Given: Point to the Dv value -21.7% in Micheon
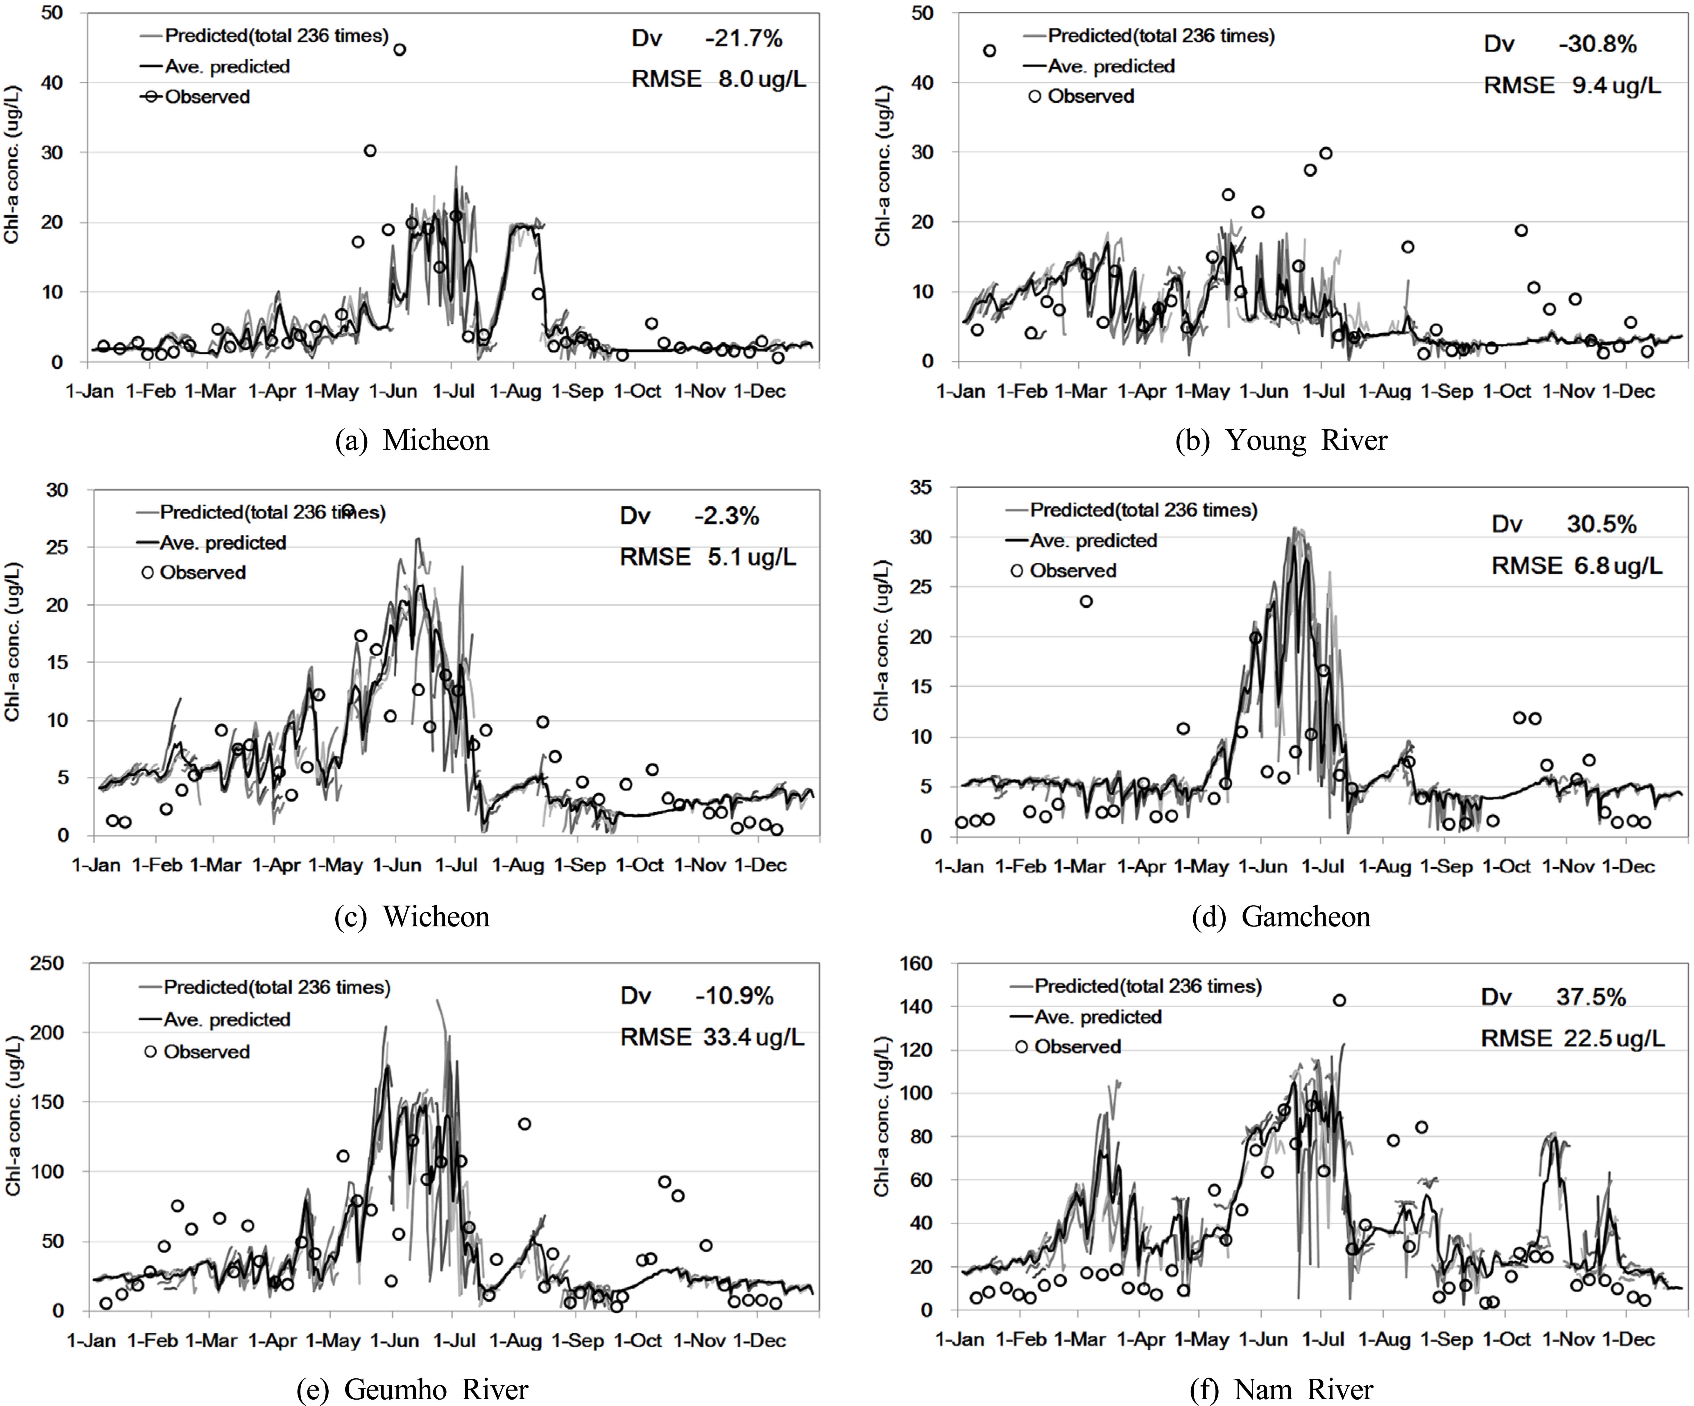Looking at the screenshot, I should (x=743, y=39).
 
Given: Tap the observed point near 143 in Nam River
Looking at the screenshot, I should (x=1339, y=1000).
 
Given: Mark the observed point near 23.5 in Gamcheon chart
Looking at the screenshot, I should (x=1086, y=601).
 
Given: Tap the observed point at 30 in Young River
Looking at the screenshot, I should (x=1325, y=153).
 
